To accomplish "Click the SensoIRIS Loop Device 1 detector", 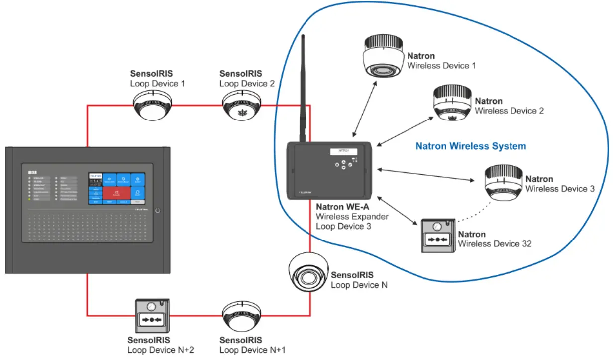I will (x=152, y=106).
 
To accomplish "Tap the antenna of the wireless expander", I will (x=303, y=90).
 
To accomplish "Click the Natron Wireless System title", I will (x=471, y=146).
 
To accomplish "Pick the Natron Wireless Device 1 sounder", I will (x=383, y=57).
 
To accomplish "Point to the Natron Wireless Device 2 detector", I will (x=452, y=104).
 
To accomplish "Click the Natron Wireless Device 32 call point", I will (x=437, y=236).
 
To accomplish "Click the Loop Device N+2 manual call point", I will (x=152, y=316).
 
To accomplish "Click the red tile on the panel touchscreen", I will (x=117, y=192).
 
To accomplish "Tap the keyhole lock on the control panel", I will (x=157, y=211).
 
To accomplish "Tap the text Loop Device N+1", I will (x=252, y=350).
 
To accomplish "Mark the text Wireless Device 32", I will (x=495, y=243).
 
